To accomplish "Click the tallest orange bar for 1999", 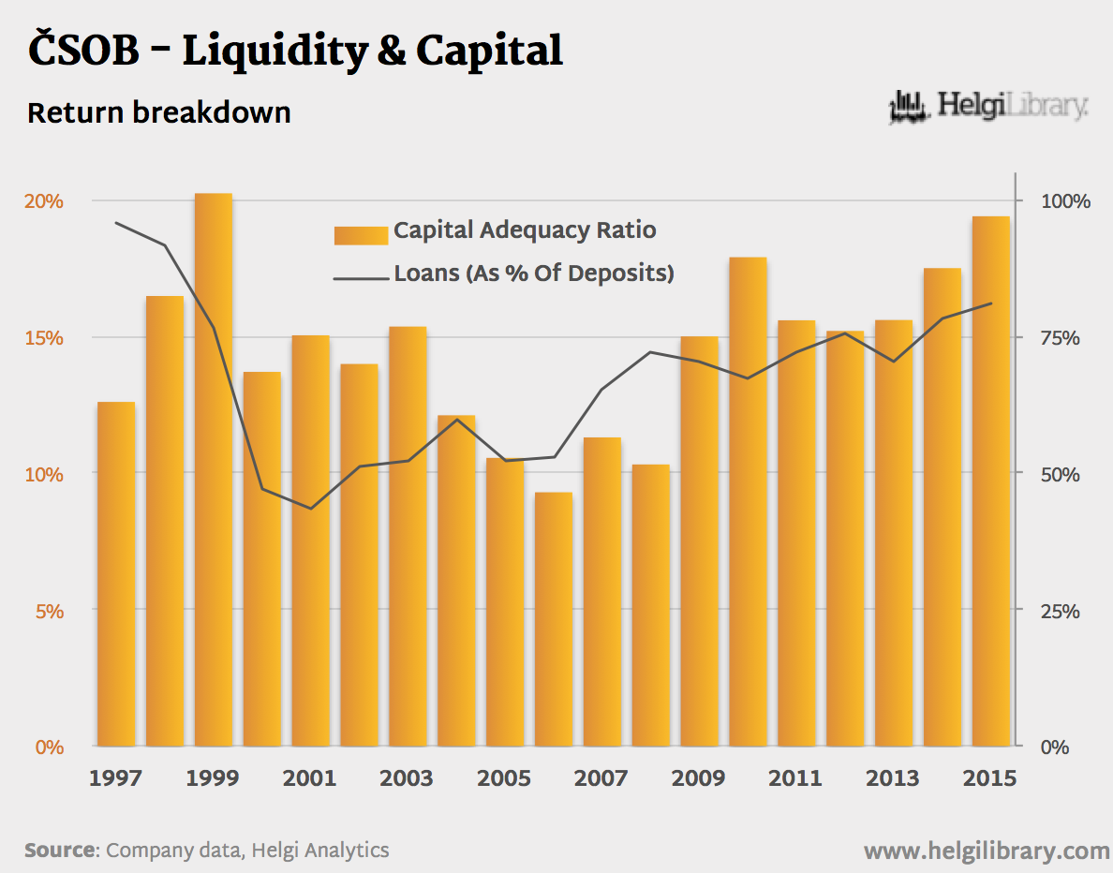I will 213,468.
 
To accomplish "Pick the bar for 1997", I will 116,573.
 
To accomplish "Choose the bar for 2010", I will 748,501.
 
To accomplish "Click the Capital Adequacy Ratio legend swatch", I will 361,234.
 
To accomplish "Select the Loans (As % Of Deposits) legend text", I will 534,274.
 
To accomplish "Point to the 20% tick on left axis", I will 44,201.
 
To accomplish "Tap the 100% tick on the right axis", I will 1065,201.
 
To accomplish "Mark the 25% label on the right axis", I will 1061,611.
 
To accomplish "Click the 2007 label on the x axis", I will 601,778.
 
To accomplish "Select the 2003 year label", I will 408,778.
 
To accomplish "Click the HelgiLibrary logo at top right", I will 988,107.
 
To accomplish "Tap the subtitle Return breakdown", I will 159,113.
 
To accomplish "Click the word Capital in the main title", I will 489,51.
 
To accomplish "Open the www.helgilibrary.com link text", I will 987,851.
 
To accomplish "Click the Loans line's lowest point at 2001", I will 310,509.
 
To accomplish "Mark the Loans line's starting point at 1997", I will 116,223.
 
